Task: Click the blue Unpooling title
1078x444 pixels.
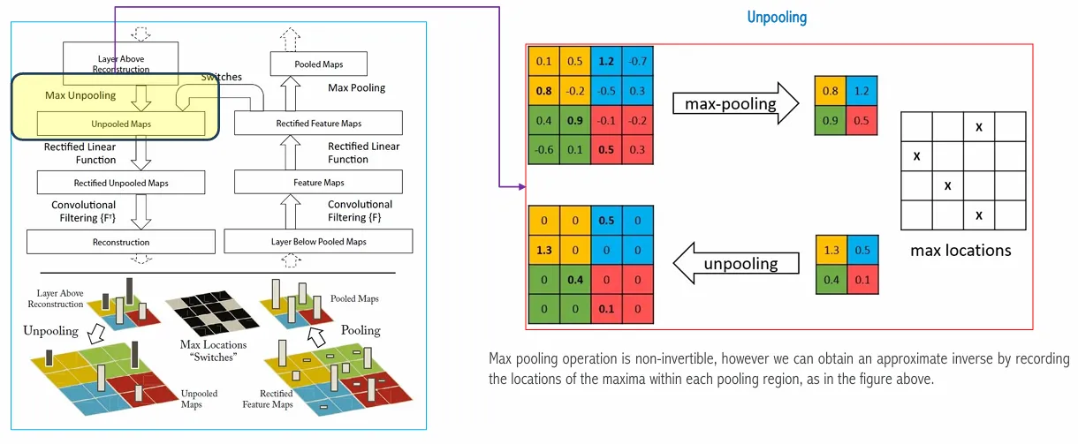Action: tap(777, 18)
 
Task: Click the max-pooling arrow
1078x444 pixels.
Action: tap(732, 103)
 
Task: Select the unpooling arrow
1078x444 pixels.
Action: tap(733, 263)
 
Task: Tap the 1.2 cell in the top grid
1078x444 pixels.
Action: tap(606, 61)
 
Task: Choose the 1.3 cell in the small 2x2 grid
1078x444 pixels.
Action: tap(831, 252)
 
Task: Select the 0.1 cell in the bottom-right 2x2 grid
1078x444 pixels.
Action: tap(862, 281)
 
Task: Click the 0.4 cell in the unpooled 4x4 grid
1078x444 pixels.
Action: tap(574, 281)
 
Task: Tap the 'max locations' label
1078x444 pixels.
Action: tap(960, 251)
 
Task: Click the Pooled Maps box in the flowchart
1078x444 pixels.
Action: tap(319, 64)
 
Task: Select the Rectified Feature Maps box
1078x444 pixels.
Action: tap(318, 123)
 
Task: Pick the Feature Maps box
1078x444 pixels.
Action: tap(318, 183)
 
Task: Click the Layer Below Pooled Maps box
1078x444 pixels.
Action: tap(318, 241)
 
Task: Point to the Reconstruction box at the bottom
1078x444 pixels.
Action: tap(121, 241)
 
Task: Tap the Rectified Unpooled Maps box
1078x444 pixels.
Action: tap(121, 183)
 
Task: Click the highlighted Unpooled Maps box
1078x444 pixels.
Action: tap(121, 124)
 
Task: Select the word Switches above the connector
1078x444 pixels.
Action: tap(221, 77)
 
